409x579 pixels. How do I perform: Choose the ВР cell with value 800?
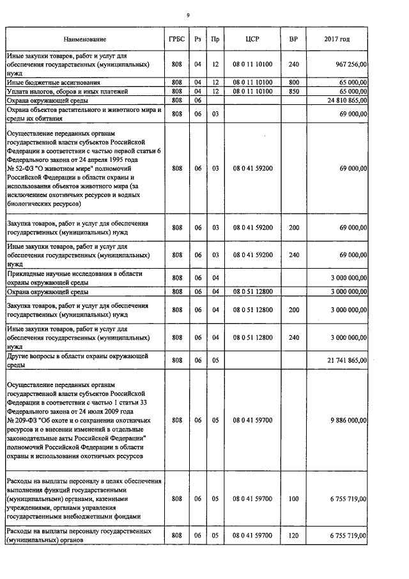(x=293, y=83)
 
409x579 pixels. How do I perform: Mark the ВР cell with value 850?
(x=293, y=91)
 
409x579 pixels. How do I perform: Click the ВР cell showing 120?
(x=293, y=535)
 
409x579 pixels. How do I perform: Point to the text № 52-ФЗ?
(x=19, y=168)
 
